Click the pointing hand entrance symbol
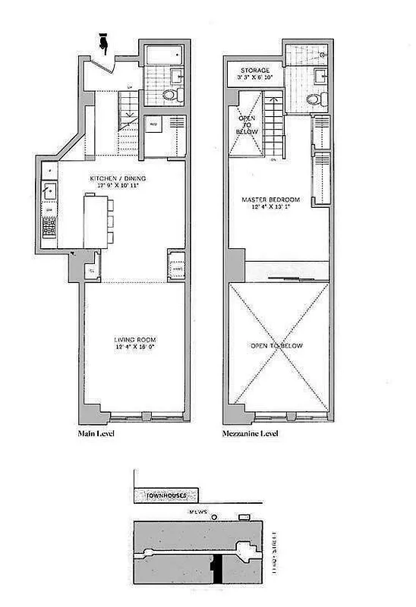tap(105, 42)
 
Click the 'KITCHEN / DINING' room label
tap(115, 178)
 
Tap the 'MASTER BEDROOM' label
tap(271, 200)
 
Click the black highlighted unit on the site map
tap(216, 567)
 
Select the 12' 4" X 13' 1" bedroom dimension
tap(271, 209)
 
